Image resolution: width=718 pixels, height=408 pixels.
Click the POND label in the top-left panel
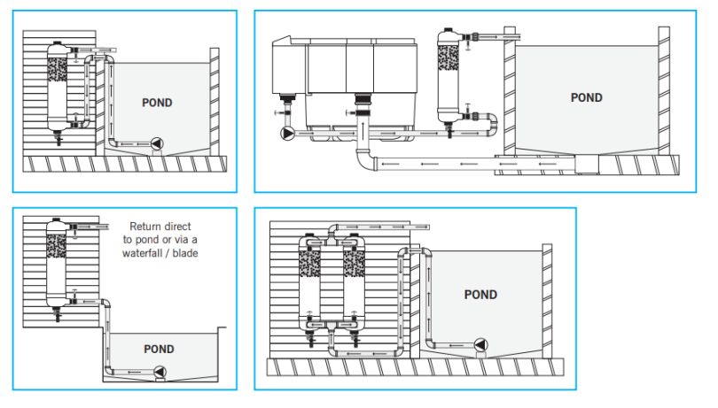(157, 103)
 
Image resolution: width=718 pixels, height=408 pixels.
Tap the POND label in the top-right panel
(586, 98)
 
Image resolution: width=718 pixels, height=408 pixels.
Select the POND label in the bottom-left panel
(159, 349)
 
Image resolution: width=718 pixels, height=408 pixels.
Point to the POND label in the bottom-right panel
(481, 295)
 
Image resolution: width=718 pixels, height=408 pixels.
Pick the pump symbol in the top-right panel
(288, 134)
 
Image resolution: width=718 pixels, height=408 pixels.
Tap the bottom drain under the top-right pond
(587, 164)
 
